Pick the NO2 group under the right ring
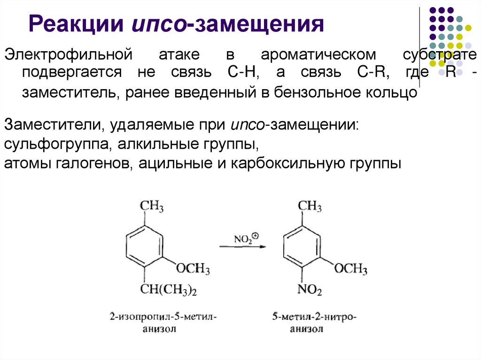[310, 290]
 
